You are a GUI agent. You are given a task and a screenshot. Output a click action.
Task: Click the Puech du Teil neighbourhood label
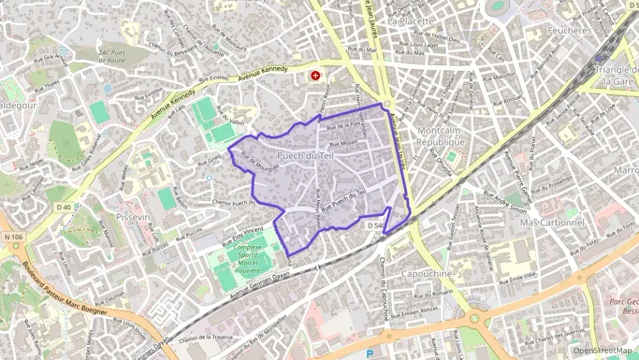[305, 156]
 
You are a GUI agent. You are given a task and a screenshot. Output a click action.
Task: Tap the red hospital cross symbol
[315, 76]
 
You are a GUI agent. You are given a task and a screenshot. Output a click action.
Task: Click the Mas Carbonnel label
[552, 223]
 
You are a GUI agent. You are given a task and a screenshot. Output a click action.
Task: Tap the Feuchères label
[568, 31]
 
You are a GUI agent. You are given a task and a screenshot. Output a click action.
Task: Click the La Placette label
[410, 20]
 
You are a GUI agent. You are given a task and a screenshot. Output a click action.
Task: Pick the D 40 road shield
[64, 207]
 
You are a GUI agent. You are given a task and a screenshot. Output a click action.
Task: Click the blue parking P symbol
[370, 353]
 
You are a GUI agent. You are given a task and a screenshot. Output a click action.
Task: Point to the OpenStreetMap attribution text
[602, 350]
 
